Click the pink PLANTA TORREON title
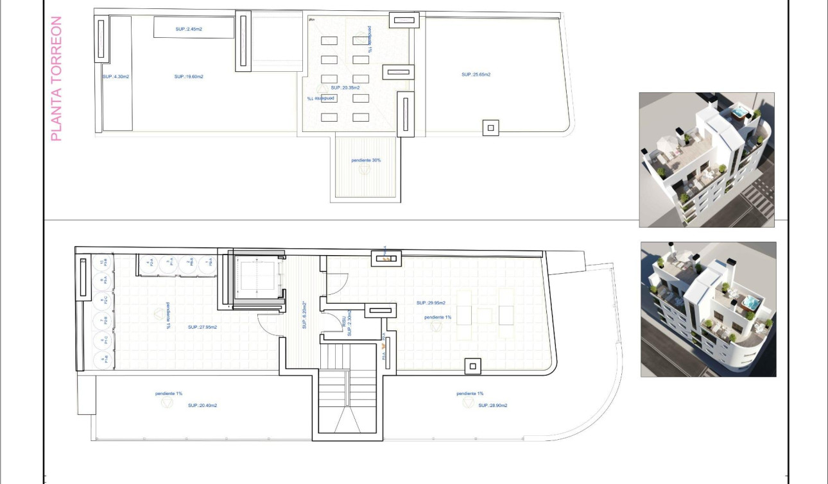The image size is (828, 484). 56,79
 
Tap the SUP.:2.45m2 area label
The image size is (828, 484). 189,29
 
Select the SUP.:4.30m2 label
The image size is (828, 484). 116,76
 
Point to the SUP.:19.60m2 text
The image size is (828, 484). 189,76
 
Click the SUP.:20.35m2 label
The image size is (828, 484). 345,87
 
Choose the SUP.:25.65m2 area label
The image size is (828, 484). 476,74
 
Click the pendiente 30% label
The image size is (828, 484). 366,160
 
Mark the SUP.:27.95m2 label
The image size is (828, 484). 203,327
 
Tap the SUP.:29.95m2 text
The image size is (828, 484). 431,303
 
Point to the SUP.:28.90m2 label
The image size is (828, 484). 493,405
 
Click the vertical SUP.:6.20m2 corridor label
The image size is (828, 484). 304,315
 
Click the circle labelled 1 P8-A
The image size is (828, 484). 207,262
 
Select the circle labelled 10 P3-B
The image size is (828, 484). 103,262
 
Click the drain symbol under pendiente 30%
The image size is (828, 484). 365,171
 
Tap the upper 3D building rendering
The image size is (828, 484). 707,160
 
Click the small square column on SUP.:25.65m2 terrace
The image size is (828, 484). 491,128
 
